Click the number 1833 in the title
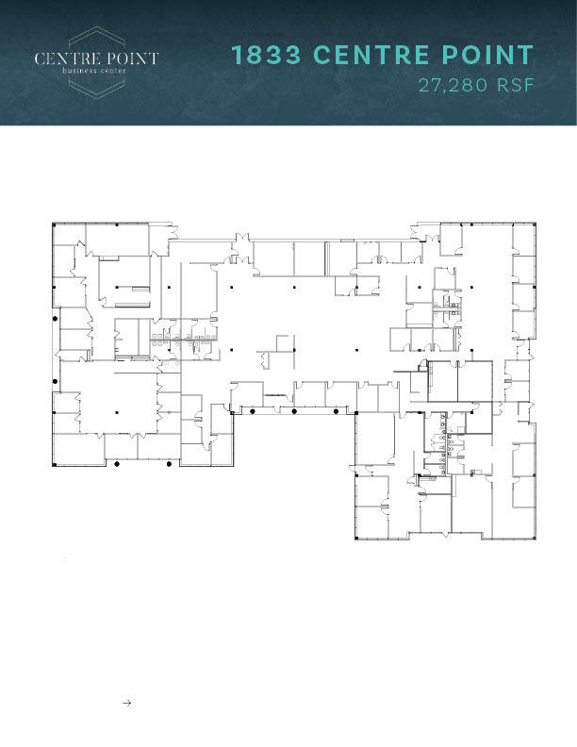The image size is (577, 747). (x=266, y=56)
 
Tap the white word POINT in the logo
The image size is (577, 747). (x=130, y=58)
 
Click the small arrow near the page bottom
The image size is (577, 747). (x=126, y=703)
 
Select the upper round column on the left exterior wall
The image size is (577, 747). (x=55, y=321)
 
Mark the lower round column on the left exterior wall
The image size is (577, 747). (x=55, y=381)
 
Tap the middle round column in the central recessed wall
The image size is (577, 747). (x=295, y=412)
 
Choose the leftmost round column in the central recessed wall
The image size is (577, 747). (x=251, y=412)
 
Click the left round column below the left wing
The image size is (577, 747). (x=116, y=464)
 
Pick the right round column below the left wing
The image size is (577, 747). (x=169, y=464)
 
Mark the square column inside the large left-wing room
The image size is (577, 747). (x=116, y=412)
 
